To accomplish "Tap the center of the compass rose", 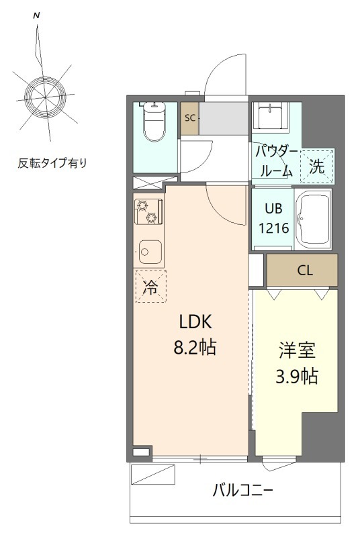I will [44, 97].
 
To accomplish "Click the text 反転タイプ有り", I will [52, 163].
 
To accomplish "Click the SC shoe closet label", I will [190, 118].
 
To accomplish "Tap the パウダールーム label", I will [275, 161].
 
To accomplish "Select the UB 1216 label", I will [274, 219].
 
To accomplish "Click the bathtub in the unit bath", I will [315, 219].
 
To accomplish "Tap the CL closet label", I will [304, 271].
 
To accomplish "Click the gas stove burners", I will [147, 211].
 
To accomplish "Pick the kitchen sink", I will [149, 252].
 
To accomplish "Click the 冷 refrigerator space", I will [150, 288].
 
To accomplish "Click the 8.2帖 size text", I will [195, 348].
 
